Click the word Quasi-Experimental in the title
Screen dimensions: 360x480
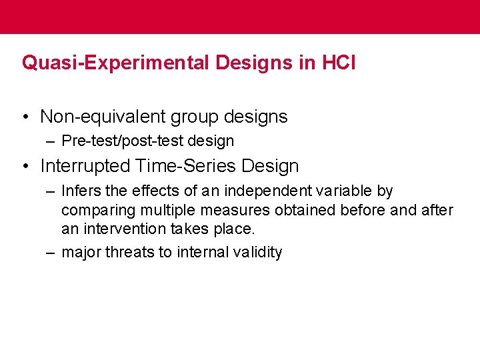tap(118, 63)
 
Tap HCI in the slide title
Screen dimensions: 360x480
tap(339, 63)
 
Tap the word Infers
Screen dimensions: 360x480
tap(80, 191)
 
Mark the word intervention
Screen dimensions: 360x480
tap(118, 229)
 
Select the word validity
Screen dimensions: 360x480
tap(256, 253)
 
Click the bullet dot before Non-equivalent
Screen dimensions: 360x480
tap(25, 117)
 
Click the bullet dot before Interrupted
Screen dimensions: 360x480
tap(25, 166)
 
